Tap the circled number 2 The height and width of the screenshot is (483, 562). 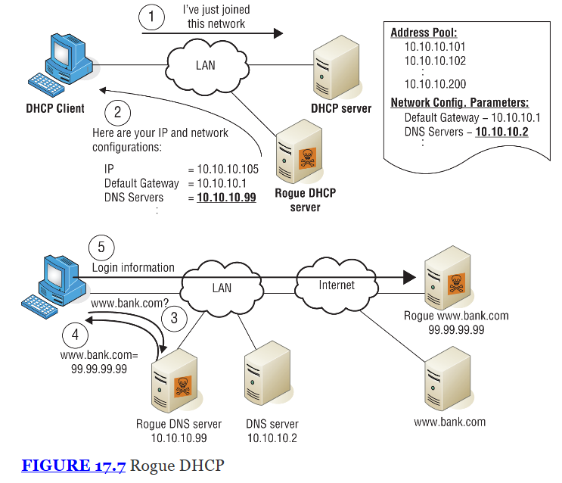[x=117, y=114]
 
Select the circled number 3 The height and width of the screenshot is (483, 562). [x=174, y=318]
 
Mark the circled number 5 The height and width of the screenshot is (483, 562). [x=101, y=248]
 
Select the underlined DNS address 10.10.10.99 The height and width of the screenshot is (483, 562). [x=226, y=198]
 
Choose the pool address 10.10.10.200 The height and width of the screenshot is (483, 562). [x=435, y=85]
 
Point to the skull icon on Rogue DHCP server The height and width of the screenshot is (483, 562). [x=307, y=158]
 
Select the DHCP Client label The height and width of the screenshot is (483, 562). [x=55, y=108]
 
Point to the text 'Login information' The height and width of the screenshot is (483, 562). [x=133, y=267]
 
